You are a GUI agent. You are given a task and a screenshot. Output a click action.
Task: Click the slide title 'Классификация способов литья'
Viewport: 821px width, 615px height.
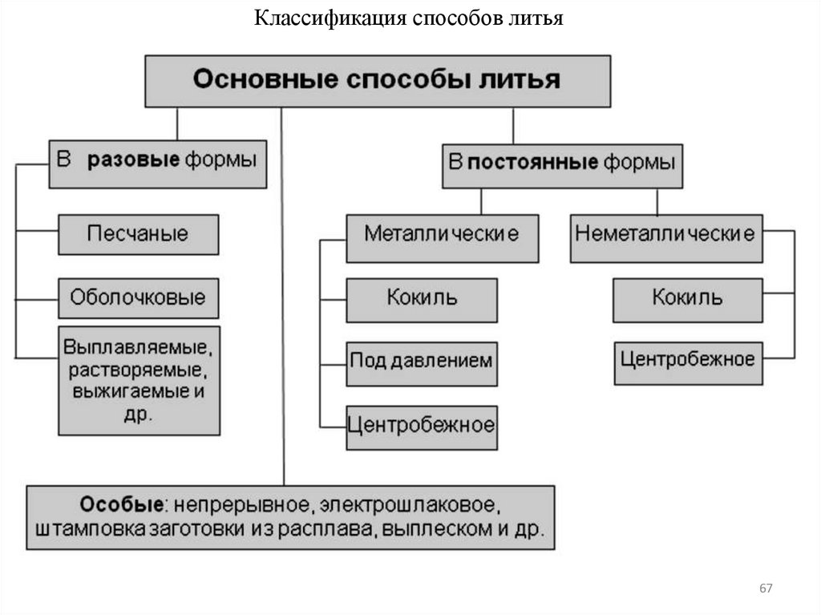(x=410, y=18)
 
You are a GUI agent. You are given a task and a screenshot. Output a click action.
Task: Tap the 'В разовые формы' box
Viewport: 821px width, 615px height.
(x=157, y=165)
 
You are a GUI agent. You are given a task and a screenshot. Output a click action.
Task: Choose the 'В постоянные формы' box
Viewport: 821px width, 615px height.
(x=561, y=166)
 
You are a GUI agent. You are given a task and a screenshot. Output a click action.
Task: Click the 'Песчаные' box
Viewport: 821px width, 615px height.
(x=139, y=234)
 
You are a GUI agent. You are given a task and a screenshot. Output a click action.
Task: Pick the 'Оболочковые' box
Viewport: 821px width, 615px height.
(x=139, y=298)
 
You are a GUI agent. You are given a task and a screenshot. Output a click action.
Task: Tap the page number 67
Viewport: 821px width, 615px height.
(x=766, y=589)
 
